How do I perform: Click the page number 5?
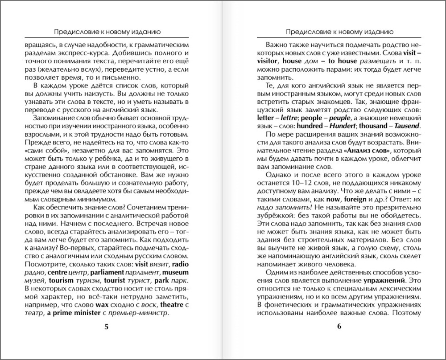[106, 327]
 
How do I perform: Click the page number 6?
[339, 327]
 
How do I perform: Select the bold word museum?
[175, 272]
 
